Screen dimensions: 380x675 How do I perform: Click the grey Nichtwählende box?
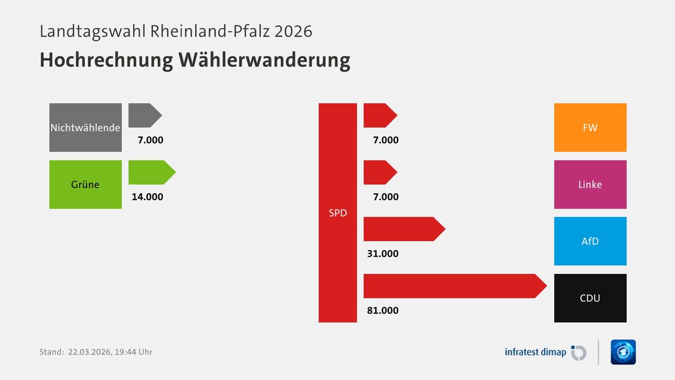pyautogui.click(x=85, y=127)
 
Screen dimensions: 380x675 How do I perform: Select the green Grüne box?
pyautogui.click(x=85, y=184)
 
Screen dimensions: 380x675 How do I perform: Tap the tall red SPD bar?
pyautogui.click(x=337, y=213)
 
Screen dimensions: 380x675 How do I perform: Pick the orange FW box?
pyautogui.click(x=590, y=127)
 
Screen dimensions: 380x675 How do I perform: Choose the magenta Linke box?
pyautogui.click(x=590, y=184)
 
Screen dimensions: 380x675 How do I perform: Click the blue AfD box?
pyautogui.click(x=590, y=241)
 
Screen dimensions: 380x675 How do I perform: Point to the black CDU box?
pyautogui.click(x=590, y=298)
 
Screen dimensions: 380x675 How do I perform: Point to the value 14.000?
pyautogui.click(x=148, y=197)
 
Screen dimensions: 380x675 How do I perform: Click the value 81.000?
pyautogui.click(x=383, y=310)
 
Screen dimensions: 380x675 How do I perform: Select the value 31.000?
pyautogui.click(x=383, y=253)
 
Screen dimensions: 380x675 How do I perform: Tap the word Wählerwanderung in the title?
pyautogui.click(x=264, y=60)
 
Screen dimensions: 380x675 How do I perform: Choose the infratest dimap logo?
pyautogui.click(x=545, y=352)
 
